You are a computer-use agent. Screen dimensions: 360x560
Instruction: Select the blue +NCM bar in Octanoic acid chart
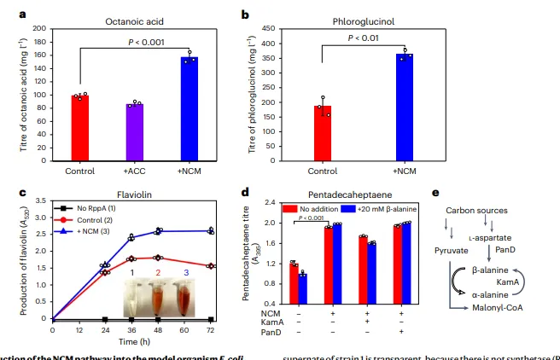189,107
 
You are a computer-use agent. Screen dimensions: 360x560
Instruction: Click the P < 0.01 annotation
363,38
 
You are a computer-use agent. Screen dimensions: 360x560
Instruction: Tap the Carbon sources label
477,210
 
